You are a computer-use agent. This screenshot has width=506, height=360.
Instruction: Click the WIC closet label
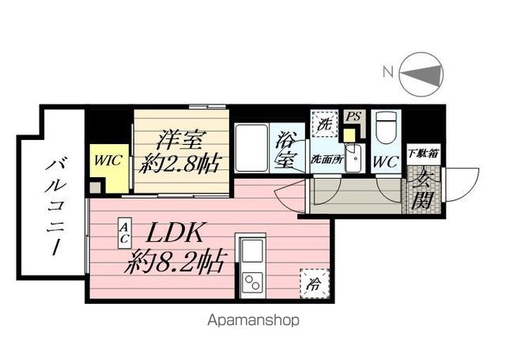point(108,161)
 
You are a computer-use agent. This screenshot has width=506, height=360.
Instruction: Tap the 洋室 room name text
point(181,141)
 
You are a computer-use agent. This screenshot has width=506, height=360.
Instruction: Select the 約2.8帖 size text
point(180,164)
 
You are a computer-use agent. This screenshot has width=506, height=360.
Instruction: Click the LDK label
point(175,233)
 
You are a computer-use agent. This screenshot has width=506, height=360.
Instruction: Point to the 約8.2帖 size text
point(175,262)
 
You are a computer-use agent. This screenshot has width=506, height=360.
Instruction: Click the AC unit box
point(124,233)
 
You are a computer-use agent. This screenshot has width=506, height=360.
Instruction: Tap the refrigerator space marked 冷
point(315,283)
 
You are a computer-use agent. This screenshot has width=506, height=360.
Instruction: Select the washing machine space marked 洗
point(324,124)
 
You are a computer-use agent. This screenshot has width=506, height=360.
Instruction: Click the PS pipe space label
point(353,116)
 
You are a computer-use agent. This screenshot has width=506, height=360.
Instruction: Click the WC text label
point(386,161)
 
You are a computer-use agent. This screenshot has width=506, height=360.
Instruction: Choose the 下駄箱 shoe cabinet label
point(423,153)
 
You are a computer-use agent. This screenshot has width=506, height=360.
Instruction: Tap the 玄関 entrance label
point(422,190)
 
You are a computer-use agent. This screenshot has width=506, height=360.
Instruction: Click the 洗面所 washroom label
point(327,160)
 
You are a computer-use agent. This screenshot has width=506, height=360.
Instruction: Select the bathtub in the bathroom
point(251,148)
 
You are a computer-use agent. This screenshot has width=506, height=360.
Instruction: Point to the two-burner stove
point(253,282)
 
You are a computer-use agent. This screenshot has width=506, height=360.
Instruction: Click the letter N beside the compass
point(388,72)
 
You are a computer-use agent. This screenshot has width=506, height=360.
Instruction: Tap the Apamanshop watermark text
point(253,320)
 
